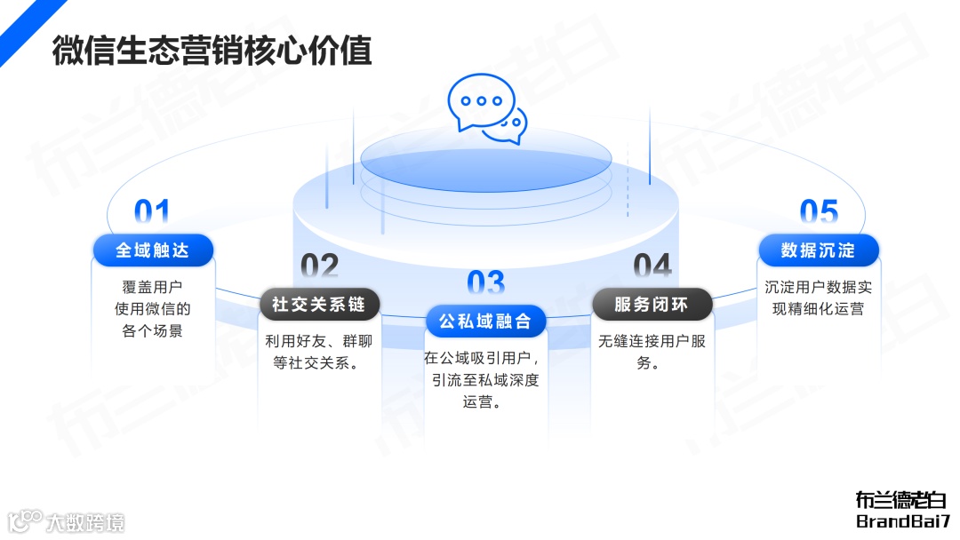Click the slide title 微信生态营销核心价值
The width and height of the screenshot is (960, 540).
(212, 50)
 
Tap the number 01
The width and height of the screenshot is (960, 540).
(152, 213)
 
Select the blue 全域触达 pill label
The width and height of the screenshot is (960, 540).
(153, 250)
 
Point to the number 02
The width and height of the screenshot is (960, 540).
(319, 266)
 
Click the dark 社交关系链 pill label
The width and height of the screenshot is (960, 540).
(319, 304)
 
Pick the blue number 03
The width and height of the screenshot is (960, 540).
(485, 283)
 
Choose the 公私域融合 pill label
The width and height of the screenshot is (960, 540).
(485, 321)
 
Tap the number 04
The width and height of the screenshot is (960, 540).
(652, 266)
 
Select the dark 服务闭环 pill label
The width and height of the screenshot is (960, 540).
(652, 304)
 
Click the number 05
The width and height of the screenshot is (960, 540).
(819, 213)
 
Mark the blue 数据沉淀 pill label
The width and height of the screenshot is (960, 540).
(818, 250)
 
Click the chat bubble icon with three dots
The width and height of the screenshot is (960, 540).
(482, 102)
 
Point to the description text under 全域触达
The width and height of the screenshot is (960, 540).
(153, 309)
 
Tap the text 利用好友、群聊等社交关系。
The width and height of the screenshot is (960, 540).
(319, 352)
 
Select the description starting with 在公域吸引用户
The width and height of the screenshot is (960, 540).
(485, 380)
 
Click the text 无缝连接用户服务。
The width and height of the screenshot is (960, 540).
(652, 352)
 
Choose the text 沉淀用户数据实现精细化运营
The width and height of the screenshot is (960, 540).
(818, 298)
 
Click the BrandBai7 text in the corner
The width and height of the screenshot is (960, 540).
(903, 521)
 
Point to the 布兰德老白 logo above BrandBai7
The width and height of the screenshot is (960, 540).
(901, 500)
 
